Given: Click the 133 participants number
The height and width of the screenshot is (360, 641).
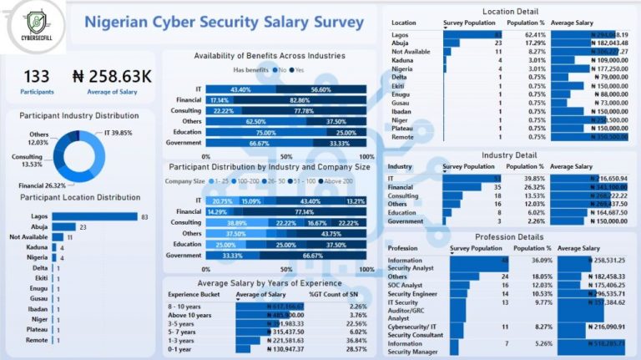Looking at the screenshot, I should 36,77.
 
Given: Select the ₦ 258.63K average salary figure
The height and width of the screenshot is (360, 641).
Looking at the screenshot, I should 112,77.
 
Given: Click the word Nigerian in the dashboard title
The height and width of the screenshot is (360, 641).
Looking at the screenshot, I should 125,22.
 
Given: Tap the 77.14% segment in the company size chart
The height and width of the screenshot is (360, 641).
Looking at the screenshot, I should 292,212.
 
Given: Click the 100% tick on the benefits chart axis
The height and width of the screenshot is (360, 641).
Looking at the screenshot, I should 366,157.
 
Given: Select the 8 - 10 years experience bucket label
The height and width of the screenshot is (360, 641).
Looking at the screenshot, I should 188,306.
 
